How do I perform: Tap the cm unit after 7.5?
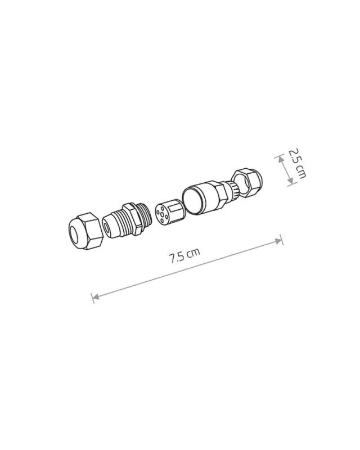[193, 254]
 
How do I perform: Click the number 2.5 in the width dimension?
[294, 155]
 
